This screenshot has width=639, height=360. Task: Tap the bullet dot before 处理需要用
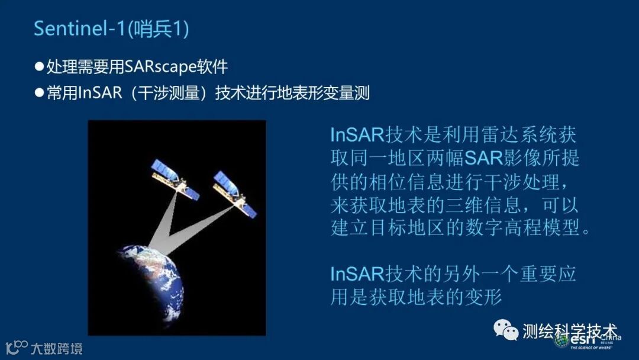tap(39, 66)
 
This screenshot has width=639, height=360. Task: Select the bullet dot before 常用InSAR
tap(39, 92)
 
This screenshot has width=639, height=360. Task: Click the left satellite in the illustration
tap(175, 179)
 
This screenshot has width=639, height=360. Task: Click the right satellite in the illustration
tap(235, 194)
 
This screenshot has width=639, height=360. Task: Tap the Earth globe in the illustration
tap(150, 285)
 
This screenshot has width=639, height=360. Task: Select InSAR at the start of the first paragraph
tap(357, 134)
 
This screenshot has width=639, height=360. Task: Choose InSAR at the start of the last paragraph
tap(357, 274)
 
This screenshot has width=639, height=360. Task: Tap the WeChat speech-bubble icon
tap(506, 329)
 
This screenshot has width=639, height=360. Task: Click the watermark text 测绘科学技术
tap(570, 331)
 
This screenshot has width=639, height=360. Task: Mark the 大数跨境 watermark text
tap(57, 349)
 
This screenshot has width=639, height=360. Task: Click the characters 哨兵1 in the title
tap(159, 28)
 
